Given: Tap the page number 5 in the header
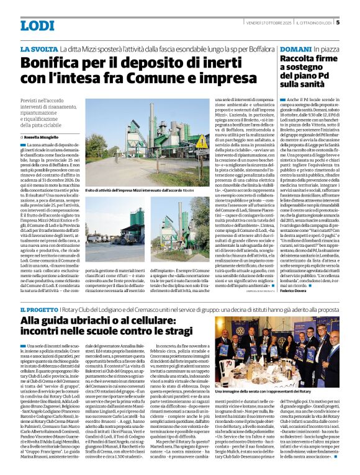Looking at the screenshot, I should pyautogui.click(x=338, y=22).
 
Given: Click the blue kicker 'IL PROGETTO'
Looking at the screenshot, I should pyautogui.click(x=40, y=309).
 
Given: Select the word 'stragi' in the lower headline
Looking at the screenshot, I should pyautogui.click(x=177, y=332).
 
